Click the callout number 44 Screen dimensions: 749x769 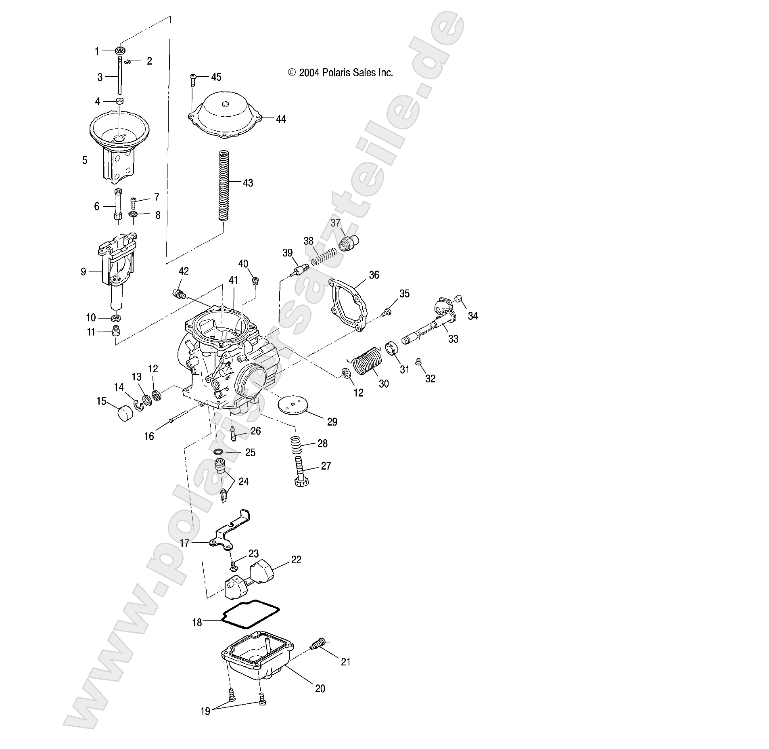click(281, 120)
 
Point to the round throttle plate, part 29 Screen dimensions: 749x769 click(296, 404)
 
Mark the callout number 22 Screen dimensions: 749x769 click(296, 560)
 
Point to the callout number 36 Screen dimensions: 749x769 click(374, 275)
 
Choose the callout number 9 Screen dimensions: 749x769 click(84, 272)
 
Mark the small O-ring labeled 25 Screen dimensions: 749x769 click(218, 451)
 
